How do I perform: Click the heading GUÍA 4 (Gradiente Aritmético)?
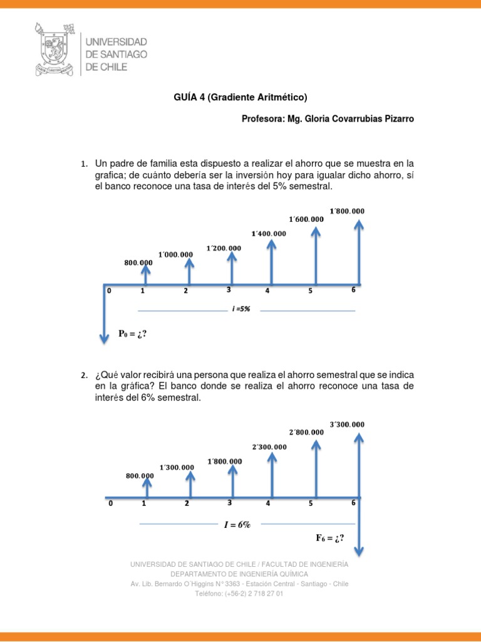[240, 97]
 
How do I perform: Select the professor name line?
[328, 118]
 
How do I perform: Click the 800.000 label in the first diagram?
[138, 262]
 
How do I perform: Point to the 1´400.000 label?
[268, 234]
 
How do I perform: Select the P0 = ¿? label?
[132, 334]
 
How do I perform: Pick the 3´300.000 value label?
[346, 424]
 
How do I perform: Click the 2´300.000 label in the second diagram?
[269, 447]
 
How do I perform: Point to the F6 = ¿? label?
[329, 538]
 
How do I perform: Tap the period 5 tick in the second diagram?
[311, 503]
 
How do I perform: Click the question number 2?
[83, 376]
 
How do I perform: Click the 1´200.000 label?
[223, 248]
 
